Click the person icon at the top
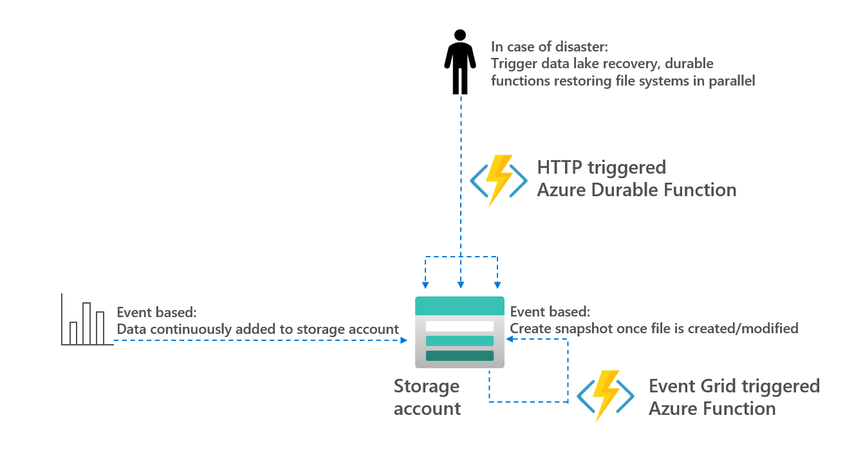460,62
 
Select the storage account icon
459,332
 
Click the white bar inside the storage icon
459,326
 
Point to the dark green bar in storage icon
459,356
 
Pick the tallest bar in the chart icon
86,323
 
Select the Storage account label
427,397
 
